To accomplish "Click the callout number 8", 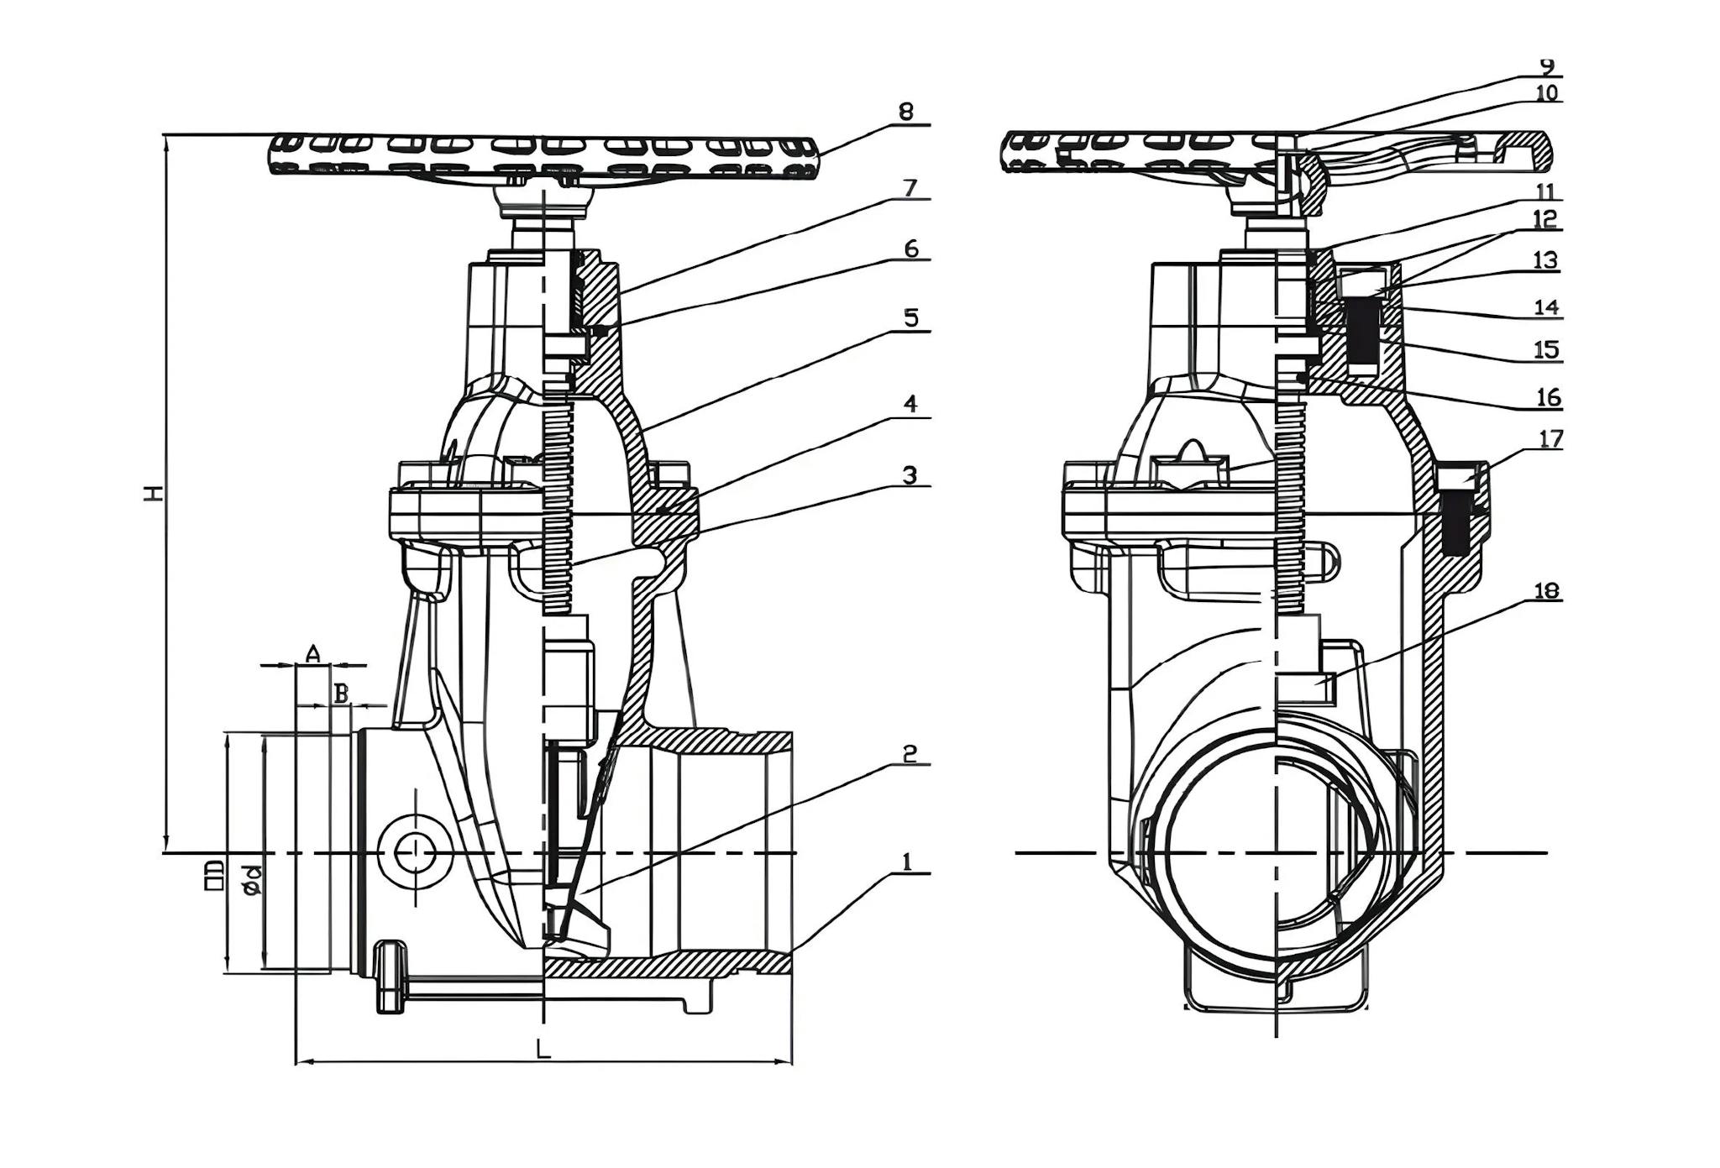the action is [x=905, y=111].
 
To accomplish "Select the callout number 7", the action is [x=911, y=188].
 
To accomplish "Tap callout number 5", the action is [x=911, y=317].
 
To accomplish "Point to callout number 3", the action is [x=910, y=475].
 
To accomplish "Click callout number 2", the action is [x=910, y=754].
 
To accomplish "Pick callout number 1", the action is [x=906, y=862].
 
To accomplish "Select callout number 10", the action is [x=1546, y=93].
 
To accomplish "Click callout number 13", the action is [x=1546, y=260].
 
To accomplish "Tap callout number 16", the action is [x=1548, y=397].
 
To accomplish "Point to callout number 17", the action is [x=1551, y=439].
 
